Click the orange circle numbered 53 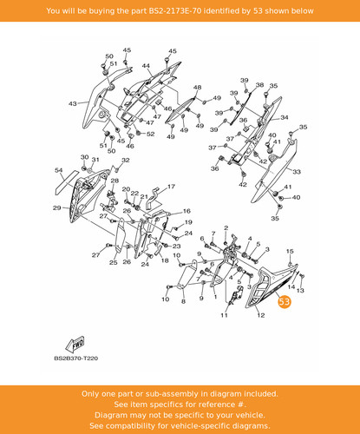click(x=285, y=302)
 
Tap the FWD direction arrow click(x=75, y=345)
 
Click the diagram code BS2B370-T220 click(x=76, y=358)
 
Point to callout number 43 click(x=73, y=103)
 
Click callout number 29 click(x=57, y=207)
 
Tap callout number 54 click(x=58, y=170)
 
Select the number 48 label click(x=198, y=88)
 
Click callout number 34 click(x=285, y=117)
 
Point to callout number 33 click(x=297, y=172)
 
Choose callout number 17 click(x=171, y=187)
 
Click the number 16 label click(x=187, y=211)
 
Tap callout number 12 click(x=261, y=315)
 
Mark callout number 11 click(x=224, y=315)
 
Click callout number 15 click(x=290, y=252)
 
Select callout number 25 click(x=114, y=262)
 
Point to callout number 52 click(x=150, y=134)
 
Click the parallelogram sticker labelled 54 click(x=67, y=182)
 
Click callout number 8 click(x=183, y=301)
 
